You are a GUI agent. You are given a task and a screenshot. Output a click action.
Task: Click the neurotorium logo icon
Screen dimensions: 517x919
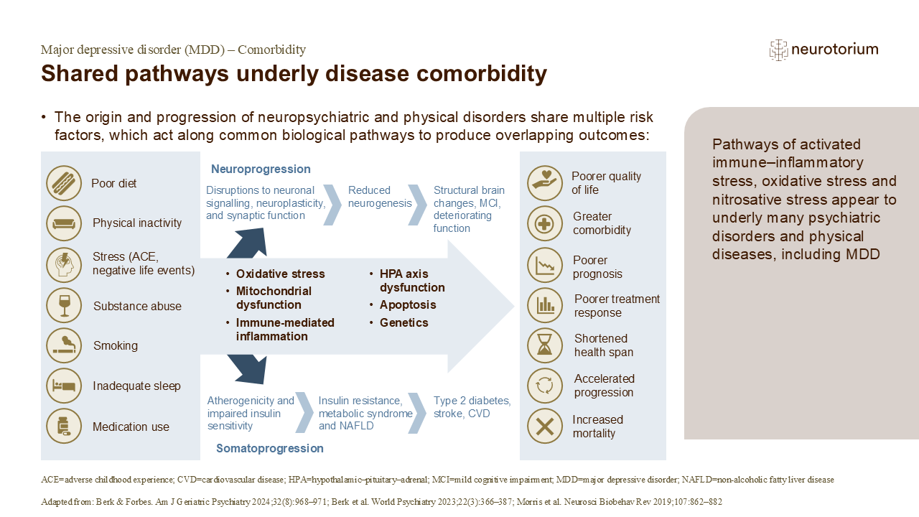[x=778, y=50]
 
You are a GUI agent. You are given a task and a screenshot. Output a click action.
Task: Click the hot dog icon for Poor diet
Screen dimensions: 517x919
[x=64, y=183]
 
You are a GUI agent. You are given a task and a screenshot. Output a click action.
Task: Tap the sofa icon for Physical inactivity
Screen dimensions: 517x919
[x=64, y=223]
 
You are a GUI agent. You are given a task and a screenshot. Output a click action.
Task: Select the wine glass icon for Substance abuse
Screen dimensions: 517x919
[x=64, y=306]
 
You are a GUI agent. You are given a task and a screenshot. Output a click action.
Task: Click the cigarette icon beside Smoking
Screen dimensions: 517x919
[x=64, y=345]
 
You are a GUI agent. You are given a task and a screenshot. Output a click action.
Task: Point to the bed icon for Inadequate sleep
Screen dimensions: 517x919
[x=64, y=386]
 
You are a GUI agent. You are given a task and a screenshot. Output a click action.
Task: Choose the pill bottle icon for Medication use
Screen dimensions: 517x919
[x=64, y=427]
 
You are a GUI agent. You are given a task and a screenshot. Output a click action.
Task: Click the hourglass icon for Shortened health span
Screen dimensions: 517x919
[x=545, y=345]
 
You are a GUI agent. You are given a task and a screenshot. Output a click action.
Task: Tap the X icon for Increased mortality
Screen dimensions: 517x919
[x=545, y=427]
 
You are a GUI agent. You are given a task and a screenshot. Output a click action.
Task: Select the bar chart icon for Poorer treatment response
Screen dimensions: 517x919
[x=545, y=305]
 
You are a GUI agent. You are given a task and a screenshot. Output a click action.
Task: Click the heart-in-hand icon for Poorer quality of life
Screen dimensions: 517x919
[x=545, y=183]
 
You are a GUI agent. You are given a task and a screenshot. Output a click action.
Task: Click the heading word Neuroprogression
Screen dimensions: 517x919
[x=261, y=169]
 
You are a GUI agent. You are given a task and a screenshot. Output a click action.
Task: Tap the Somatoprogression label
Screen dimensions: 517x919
[x=270, y=448]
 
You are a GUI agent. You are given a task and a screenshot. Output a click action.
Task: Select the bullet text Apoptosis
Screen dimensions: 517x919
[x=408, y=304]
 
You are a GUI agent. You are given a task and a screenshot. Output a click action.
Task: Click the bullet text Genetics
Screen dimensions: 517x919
[x=403, y=322]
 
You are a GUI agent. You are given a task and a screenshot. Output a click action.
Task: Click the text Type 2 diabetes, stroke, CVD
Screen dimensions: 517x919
[x=472, y=407]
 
